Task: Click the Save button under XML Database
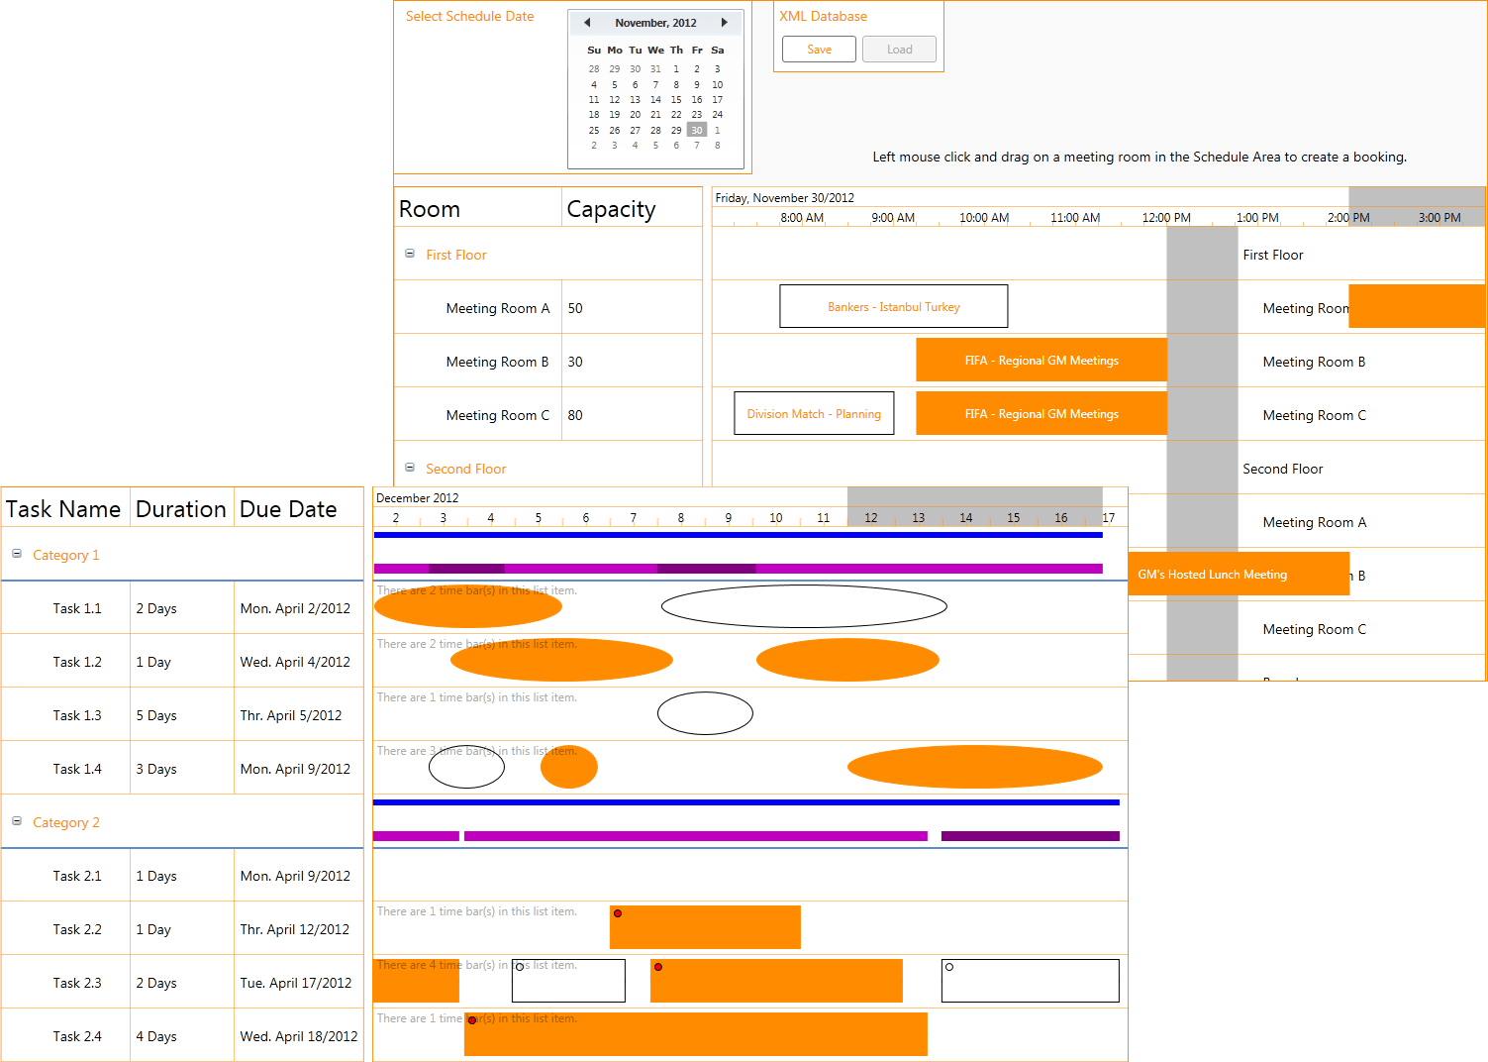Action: pos(819,50)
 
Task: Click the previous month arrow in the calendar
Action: pos(587,23)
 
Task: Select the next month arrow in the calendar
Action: pos(724,23)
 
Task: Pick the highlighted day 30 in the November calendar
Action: pos(697,130)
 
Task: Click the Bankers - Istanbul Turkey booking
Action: pos(893,307)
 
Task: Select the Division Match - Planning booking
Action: pos(814,414)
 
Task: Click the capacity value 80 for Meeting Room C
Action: pos(575,415)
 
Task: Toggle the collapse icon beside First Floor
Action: pos(410,254)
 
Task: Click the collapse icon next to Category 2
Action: pos(17,821)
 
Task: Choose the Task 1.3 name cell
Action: pos(77,715)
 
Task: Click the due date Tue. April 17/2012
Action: pos(295,983)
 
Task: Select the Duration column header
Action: pos(181,509)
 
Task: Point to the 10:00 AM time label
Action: pos(984,218)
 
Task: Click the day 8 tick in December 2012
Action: pos(681,518)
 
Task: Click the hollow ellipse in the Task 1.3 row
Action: pos(705,713)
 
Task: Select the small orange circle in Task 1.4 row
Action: pos(569,767)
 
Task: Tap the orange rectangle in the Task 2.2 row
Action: pos(705,927)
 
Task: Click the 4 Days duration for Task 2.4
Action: pos(156,1036)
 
